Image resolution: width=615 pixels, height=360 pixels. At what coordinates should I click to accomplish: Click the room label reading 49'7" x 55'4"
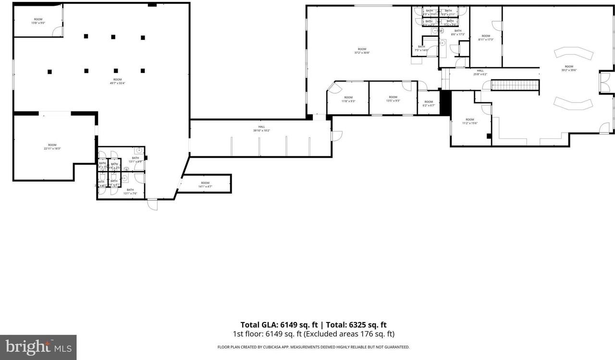click(117, 81)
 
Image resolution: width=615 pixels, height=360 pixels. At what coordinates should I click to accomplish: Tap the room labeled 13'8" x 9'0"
click(38, 21)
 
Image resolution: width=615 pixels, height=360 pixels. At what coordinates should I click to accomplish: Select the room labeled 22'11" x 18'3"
click(52, 147)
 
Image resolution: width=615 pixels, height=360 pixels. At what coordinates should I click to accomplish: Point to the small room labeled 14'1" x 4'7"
click(205, 185)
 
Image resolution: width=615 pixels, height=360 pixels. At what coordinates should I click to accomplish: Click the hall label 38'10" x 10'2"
click(262, 128)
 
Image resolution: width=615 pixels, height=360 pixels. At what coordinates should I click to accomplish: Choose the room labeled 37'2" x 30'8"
click(362, 50)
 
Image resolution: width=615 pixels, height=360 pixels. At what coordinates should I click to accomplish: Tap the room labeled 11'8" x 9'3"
click(348, 99)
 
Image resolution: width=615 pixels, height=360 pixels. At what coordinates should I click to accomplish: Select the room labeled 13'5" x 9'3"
click(393, 99)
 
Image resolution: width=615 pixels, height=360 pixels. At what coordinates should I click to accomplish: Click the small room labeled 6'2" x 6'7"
click(429, 103)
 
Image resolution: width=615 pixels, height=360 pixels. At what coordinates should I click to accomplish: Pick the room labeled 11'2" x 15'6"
click(469, 121)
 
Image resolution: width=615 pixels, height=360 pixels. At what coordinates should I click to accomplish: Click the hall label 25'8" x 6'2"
click(480, 72)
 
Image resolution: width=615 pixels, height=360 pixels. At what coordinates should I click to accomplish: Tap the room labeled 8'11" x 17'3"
click(486, 37)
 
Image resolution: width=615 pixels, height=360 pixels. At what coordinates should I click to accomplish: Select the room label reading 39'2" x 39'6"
click(569, 68)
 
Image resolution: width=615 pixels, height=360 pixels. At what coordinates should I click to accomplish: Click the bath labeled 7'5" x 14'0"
click(421, 48)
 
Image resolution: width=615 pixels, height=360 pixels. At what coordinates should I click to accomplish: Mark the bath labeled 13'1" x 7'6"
click(130, 191)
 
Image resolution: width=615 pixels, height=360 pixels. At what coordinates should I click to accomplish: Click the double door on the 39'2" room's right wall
click(606, 82)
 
